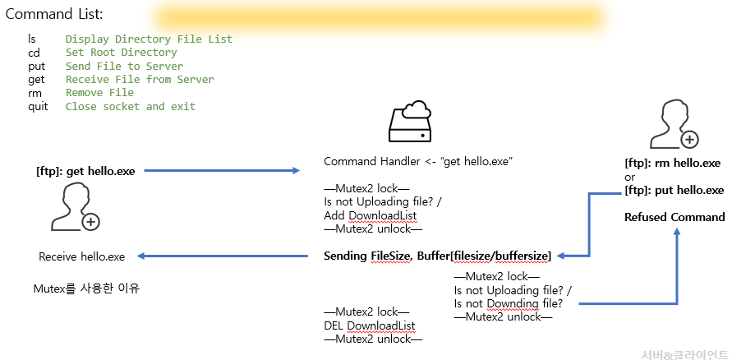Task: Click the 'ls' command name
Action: click(x=32, y=39)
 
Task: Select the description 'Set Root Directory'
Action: click(x=121, y=53)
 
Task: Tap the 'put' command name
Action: click(x=36, y=66)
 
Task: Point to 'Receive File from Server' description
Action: click(x=140, y=80)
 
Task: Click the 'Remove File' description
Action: click(x=99, y=93)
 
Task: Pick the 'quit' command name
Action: click(x=38, y=106)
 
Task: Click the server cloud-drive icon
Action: click(x=409, y=123)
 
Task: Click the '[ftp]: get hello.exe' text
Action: click(x=85, y=171)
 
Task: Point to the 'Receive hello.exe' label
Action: click(x=82, y=256)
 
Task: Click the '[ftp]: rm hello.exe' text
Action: click(x=672, y=163)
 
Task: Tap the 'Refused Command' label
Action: click(x=674, y=217)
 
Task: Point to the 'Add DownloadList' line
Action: click(x=371, y=215)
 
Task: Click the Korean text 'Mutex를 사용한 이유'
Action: click(x=86, y=288)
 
